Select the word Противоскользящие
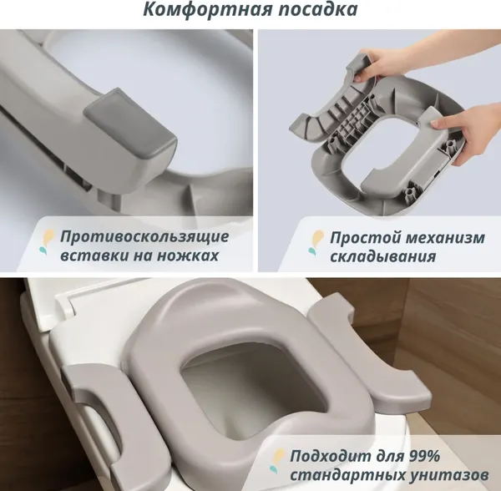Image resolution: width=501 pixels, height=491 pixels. pyautogui.click(x=144, y=237)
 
